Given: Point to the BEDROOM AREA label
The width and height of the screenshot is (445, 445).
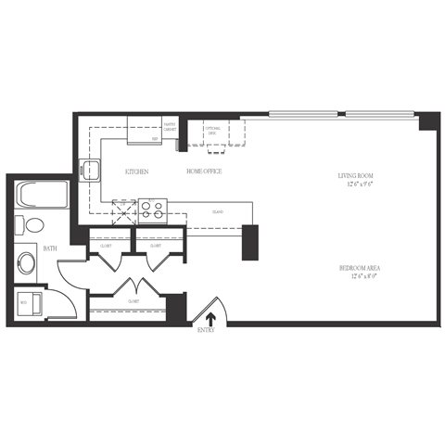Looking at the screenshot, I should coord(362,269).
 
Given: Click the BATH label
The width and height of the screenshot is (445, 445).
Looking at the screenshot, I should coord(51,249).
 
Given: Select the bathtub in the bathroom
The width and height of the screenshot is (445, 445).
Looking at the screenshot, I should coord(43,197).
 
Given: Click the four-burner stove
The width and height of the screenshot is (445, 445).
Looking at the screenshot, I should coord(151,210).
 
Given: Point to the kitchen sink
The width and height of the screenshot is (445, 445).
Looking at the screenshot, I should coord(92,170).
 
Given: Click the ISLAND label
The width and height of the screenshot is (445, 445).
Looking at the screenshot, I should coord(217,212).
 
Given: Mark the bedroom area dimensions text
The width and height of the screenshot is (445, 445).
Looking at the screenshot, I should coord(362,277).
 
